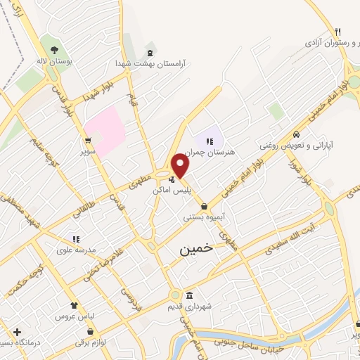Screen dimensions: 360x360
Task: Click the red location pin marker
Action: coord(181,167)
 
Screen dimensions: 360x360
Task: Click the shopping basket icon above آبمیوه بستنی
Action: coord(204,207)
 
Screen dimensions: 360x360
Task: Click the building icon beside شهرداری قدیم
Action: coord(188,295)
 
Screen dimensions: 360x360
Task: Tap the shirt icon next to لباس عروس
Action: coord(73,305)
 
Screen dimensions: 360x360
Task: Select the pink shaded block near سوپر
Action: coord(106,131)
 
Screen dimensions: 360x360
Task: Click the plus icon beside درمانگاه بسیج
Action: coord(17,331)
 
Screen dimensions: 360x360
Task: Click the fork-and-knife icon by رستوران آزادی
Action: coord(337,32)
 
